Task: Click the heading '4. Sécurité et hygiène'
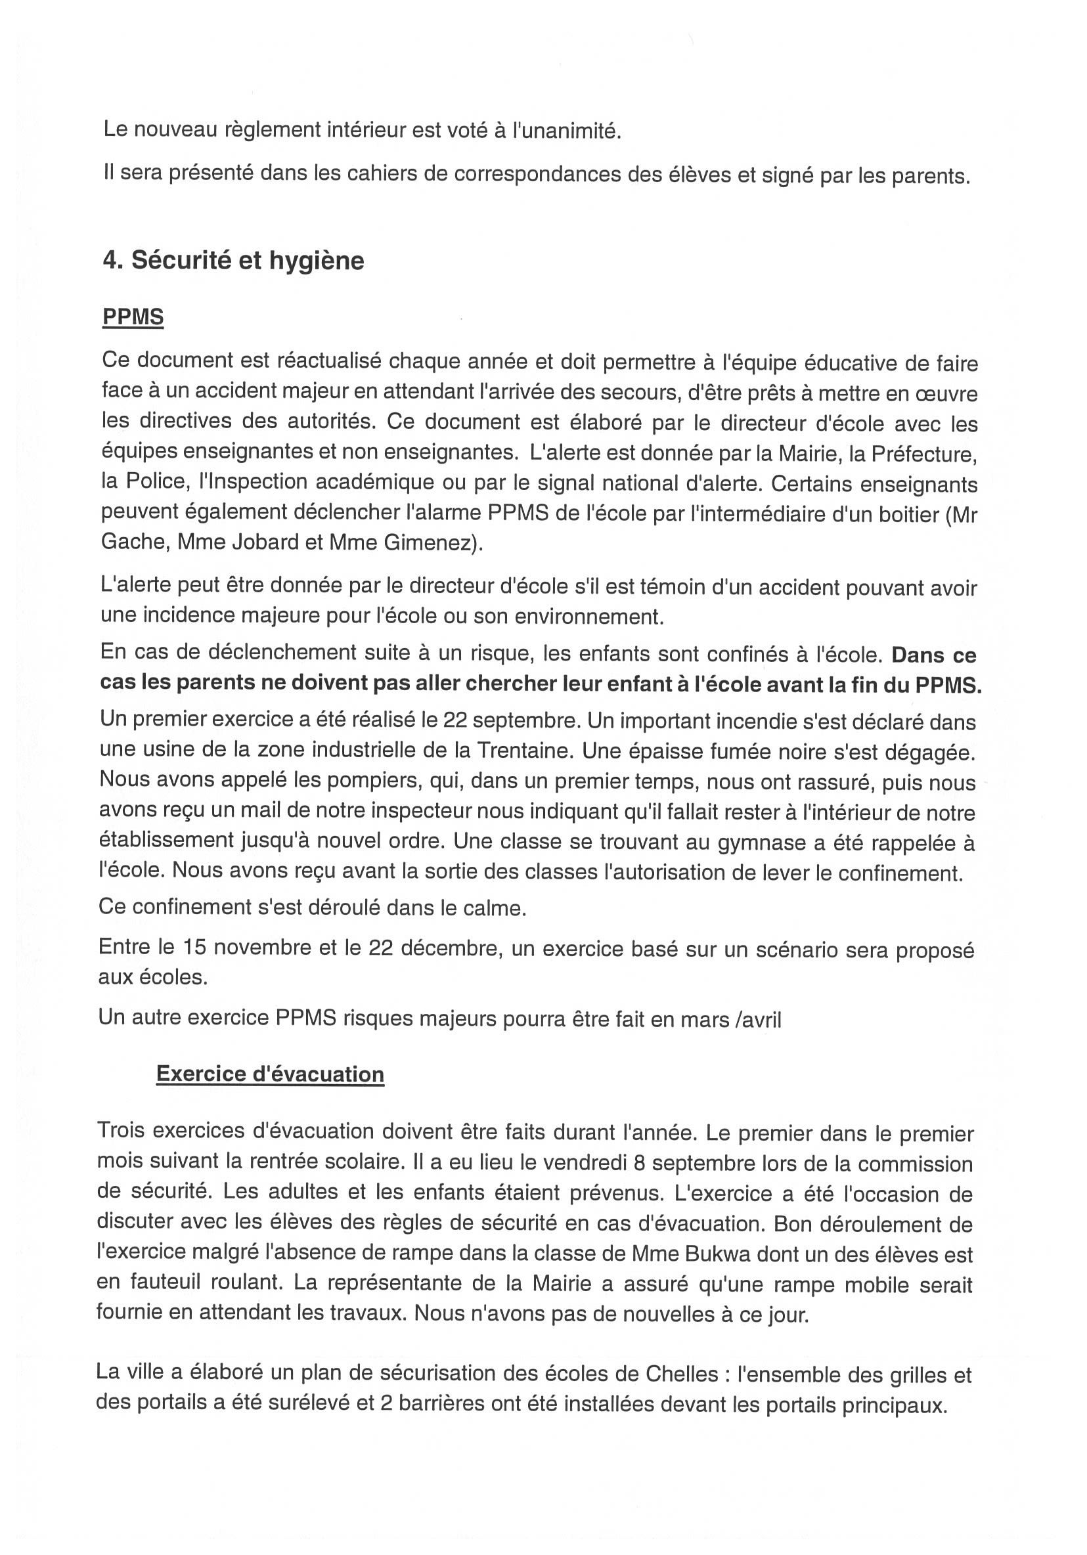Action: tap(233, 261)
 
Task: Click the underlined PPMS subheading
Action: tap(133, 317)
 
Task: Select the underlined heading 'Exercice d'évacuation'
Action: tap(269, 1074)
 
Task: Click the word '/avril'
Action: tap(758, 1020)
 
